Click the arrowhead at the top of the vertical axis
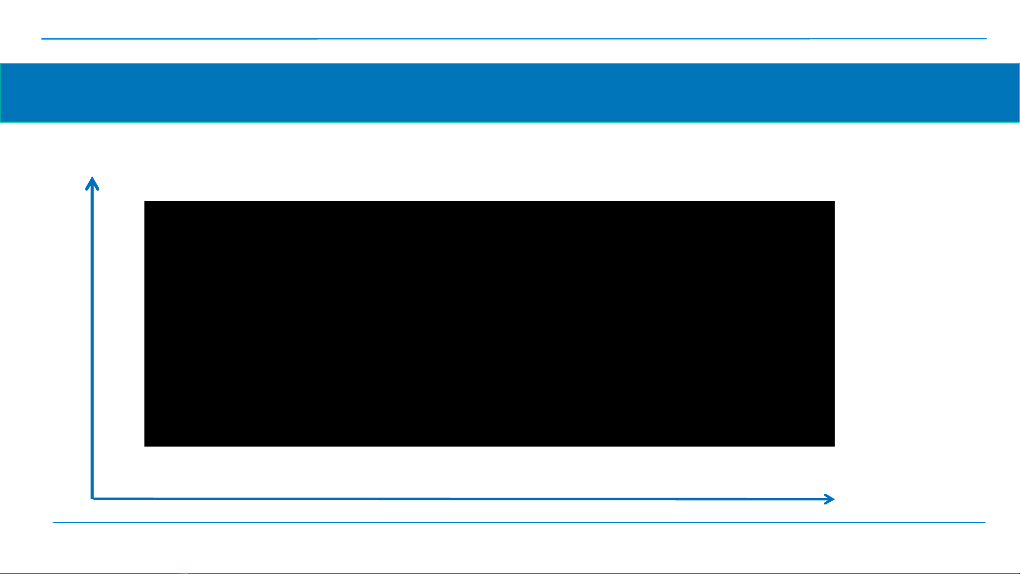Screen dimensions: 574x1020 [92, 179]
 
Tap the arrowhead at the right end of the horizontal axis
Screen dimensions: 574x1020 [832, 499]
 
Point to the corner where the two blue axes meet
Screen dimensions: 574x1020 [93, 498]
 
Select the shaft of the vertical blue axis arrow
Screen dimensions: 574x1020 [92, 340]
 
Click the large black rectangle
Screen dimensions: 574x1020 [489, 323]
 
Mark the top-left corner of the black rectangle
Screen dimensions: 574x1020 [145, 202]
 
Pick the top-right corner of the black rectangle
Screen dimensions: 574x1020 [834, 202]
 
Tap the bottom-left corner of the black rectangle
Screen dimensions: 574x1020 [145, 446]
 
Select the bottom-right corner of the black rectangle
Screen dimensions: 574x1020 [834, 446]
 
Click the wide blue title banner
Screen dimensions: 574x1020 [510, 93]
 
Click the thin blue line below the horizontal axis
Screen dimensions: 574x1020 [518, 522]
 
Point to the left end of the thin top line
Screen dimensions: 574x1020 [42, 39]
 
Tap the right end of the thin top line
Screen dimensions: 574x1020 [986, 39]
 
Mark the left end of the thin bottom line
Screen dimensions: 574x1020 [53, 522]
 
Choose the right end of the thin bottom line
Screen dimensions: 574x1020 [984, 522]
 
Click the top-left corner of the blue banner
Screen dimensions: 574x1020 [1, 64]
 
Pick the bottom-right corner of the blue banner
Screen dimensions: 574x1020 [1018, 122]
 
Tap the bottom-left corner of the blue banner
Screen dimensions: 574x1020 [1, 122]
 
